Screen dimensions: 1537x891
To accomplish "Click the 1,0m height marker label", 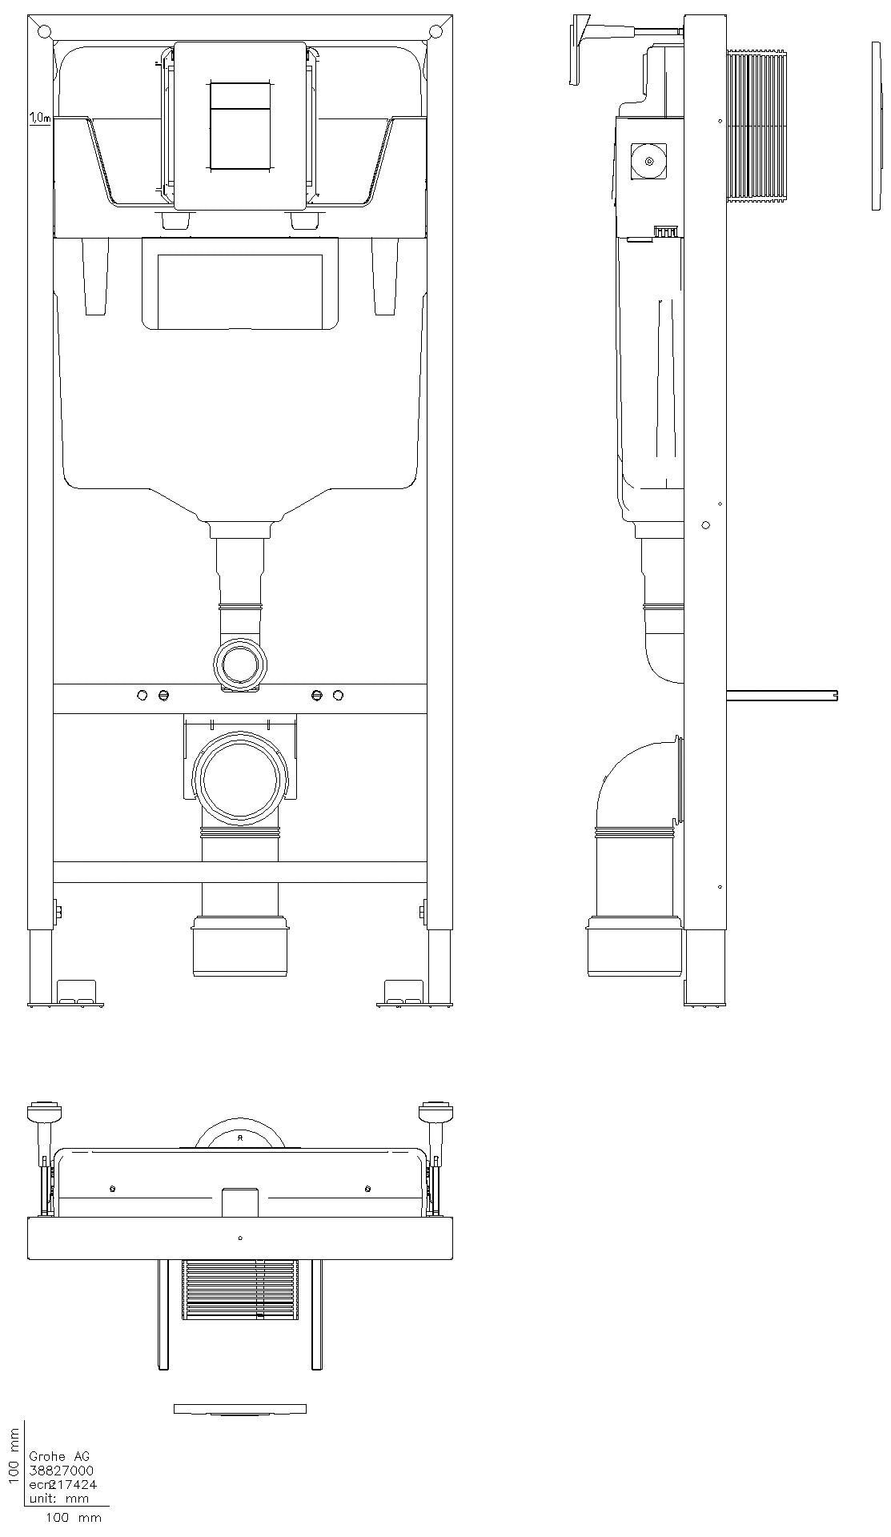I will tap(39, 118).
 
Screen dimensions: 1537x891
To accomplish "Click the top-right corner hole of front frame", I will tap(435, 32).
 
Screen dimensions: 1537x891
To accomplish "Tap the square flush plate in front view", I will tap(240, 126).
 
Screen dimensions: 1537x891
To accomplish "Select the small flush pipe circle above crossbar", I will tap(239, 664).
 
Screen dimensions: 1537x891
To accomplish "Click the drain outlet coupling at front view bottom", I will tap(240, 949).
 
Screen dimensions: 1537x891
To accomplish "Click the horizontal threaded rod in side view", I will tap(781, 695).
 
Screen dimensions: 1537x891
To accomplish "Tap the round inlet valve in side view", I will tap(648, 163).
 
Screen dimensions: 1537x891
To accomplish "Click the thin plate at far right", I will tap(876, 126).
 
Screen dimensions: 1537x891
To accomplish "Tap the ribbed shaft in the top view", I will tap(240, 1289).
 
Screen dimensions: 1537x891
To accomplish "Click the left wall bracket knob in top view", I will tap(45, 1112).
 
